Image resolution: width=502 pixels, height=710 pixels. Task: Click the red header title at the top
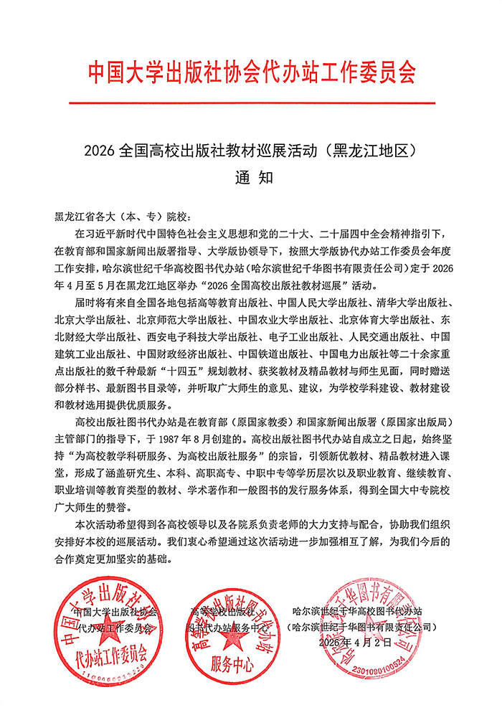point(251,72)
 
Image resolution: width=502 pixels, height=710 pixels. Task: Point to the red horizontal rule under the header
point(251,104)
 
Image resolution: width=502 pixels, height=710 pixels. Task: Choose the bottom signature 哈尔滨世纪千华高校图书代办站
point(357,610)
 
